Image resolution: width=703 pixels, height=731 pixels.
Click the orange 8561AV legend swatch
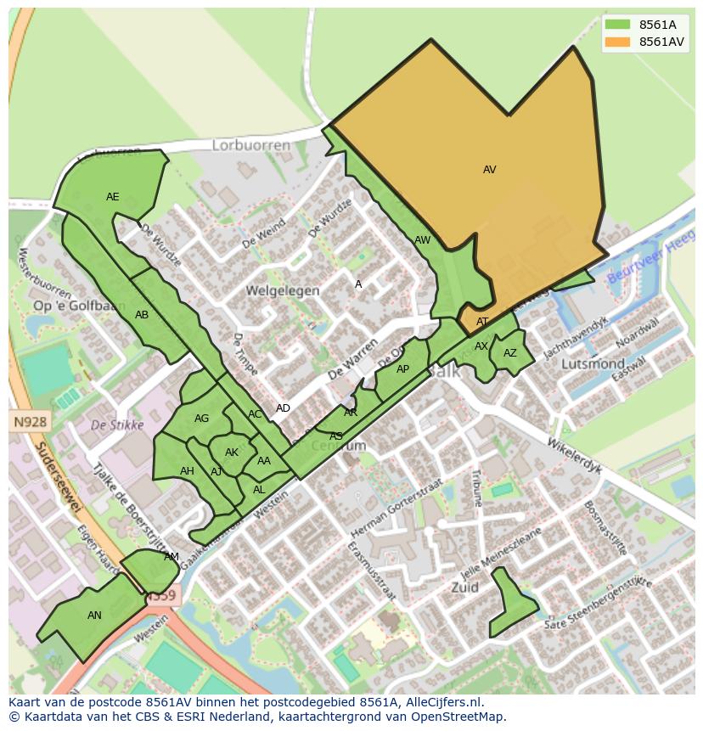tap(618, 42)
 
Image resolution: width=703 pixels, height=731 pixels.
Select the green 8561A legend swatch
tap(618, 25)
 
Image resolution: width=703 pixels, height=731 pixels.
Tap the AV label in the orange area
tap(489, 170)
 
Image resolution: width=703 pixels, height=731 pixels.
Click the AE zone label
tap(113, 197)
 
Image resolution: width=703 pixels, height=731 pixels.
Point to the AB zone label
tap(142, 315)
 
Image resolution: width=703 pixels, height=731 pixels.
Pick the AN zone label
tap(94, 616)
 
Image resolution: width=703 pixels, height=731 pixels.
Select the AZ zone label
tap(509, 353)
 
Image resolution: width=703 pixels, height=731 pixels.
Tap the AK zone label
tap(232, 453)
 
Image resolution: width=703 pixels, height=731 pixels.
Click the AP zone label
tap(402, 369)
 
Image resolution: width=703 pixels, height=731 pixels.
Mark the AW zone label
tap(422, 240)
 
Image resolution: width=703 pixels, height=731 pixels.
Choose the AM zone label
tap(172, 557)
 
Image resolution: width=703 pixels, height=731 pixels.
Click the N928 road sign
tap(31, 421)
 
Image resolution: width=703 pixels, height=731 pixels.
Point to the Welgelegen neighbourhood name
tap(283, 290)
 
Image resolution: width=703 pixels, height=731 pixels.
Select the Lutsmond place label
tap(593, 363)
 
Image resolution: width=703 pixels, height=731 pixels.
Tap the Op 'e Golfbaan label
tap(80, 306)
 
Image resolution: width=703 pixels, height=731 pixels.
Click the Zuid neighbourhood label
tap(465, 587)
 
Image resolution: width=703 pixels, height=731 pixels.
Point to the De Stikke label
tap(116, 425)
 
